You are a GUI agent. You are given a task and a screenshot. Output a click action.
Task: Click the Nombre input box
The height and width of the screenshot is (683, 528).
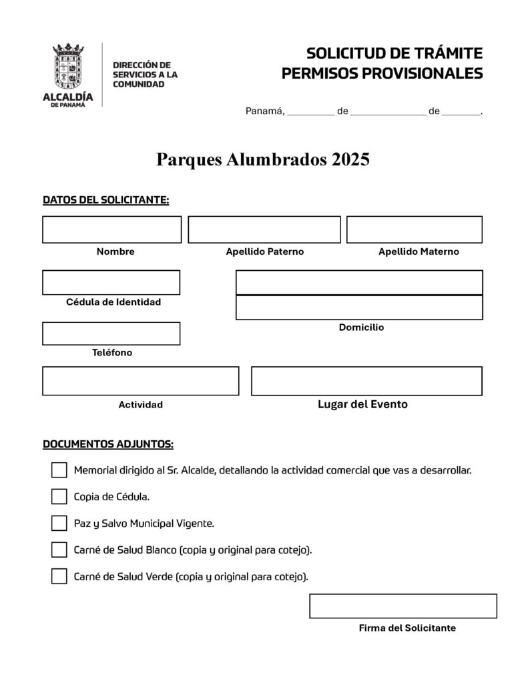[x=111, y=229]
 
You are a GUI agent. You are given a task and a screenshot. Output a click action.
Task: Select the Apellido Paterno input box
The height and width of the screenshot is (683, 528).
[x=264, y=229]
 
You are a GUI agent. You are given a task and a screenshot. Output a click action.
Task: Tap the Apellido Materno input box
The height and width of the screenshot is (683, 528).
[x=414, y=229]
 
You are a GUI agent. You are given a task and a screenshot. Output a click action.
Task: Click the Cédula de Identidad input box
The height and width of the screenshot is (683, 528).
[x=111, y=282]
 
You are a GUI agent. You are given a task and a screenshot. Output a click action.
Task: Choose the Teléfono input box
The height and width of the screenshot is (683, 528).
[x=111, y=333]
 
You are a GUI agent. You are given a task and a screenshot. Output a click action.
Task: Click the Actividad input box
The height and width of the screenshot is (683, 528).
[x=140, y=381]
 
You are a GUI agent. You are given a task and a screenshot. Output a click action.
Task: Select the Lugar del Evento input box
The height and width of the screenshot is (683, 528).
[x=366, y=381]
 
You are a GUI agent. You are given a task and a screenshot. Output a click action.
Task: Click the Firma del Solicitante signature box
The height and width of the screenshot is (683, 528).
[x=403, y=606]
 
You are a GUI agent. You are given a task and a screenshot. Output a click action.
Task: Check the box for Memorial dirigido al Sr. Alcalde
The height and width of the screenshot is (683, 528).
[x=59, y=470]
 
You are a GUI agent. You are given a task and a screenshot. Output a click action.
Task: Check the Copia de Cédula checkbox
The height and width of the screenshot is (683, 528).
[x=59, y=497]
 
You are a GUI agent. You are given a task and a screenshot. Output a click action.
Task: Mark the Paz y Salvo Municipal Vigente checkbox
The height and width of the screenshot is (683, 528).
[x=59, y=523]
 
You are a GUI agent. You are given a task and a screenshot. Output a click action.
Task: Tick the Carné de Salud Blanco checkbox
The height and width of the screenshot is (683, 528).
[x=59, y=550]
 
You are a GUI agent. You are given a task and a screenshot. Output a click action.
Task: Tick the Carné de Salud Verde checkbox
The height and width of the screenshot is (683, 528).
[x=59, y=576]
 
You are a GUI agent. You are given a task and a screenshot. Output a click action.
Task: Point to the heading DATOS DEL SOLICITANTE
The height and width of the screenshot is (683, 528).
[x=105, y=199]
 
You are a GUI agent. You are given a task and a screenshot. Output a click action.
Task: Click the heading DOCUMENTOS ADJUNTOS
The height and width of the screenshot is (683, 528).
[x=108, y=444]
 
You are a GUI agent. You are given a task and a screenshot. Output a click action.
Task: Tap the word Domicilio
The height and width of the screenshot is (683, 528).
[x=361, y=327]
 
